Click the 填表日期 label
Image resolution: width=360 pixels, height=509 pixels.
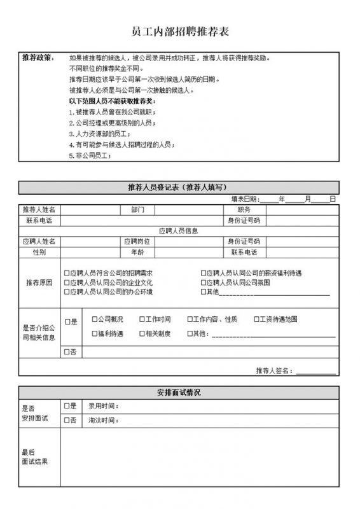pos(245,199)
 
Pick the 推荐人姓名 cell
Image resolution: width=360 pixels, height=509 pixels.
pos(39,209)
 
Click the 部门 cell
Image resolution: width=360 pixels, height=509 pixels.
pos(138,209)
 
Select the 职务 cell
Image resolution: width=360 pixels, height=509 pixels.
pos(244,209)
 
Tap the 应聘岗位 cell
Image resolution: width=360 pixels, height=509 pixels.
pos(138,242)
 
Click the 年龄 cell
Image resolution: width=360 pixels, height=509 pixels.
pos(138,253)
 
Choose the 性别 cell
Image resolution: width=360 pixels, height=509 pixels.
pos(39,253)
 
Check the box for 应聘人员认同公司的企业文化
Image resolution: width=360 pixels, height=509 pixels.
pos(66,282)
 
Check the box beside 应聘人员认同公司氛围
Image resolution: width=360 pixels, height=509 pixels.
pos(204,282)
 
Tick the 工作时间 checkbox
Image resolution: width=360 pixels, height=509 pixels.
pos(141,319)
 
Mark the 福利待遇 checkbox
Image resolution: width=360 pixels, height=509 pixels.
pos(94,333)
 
